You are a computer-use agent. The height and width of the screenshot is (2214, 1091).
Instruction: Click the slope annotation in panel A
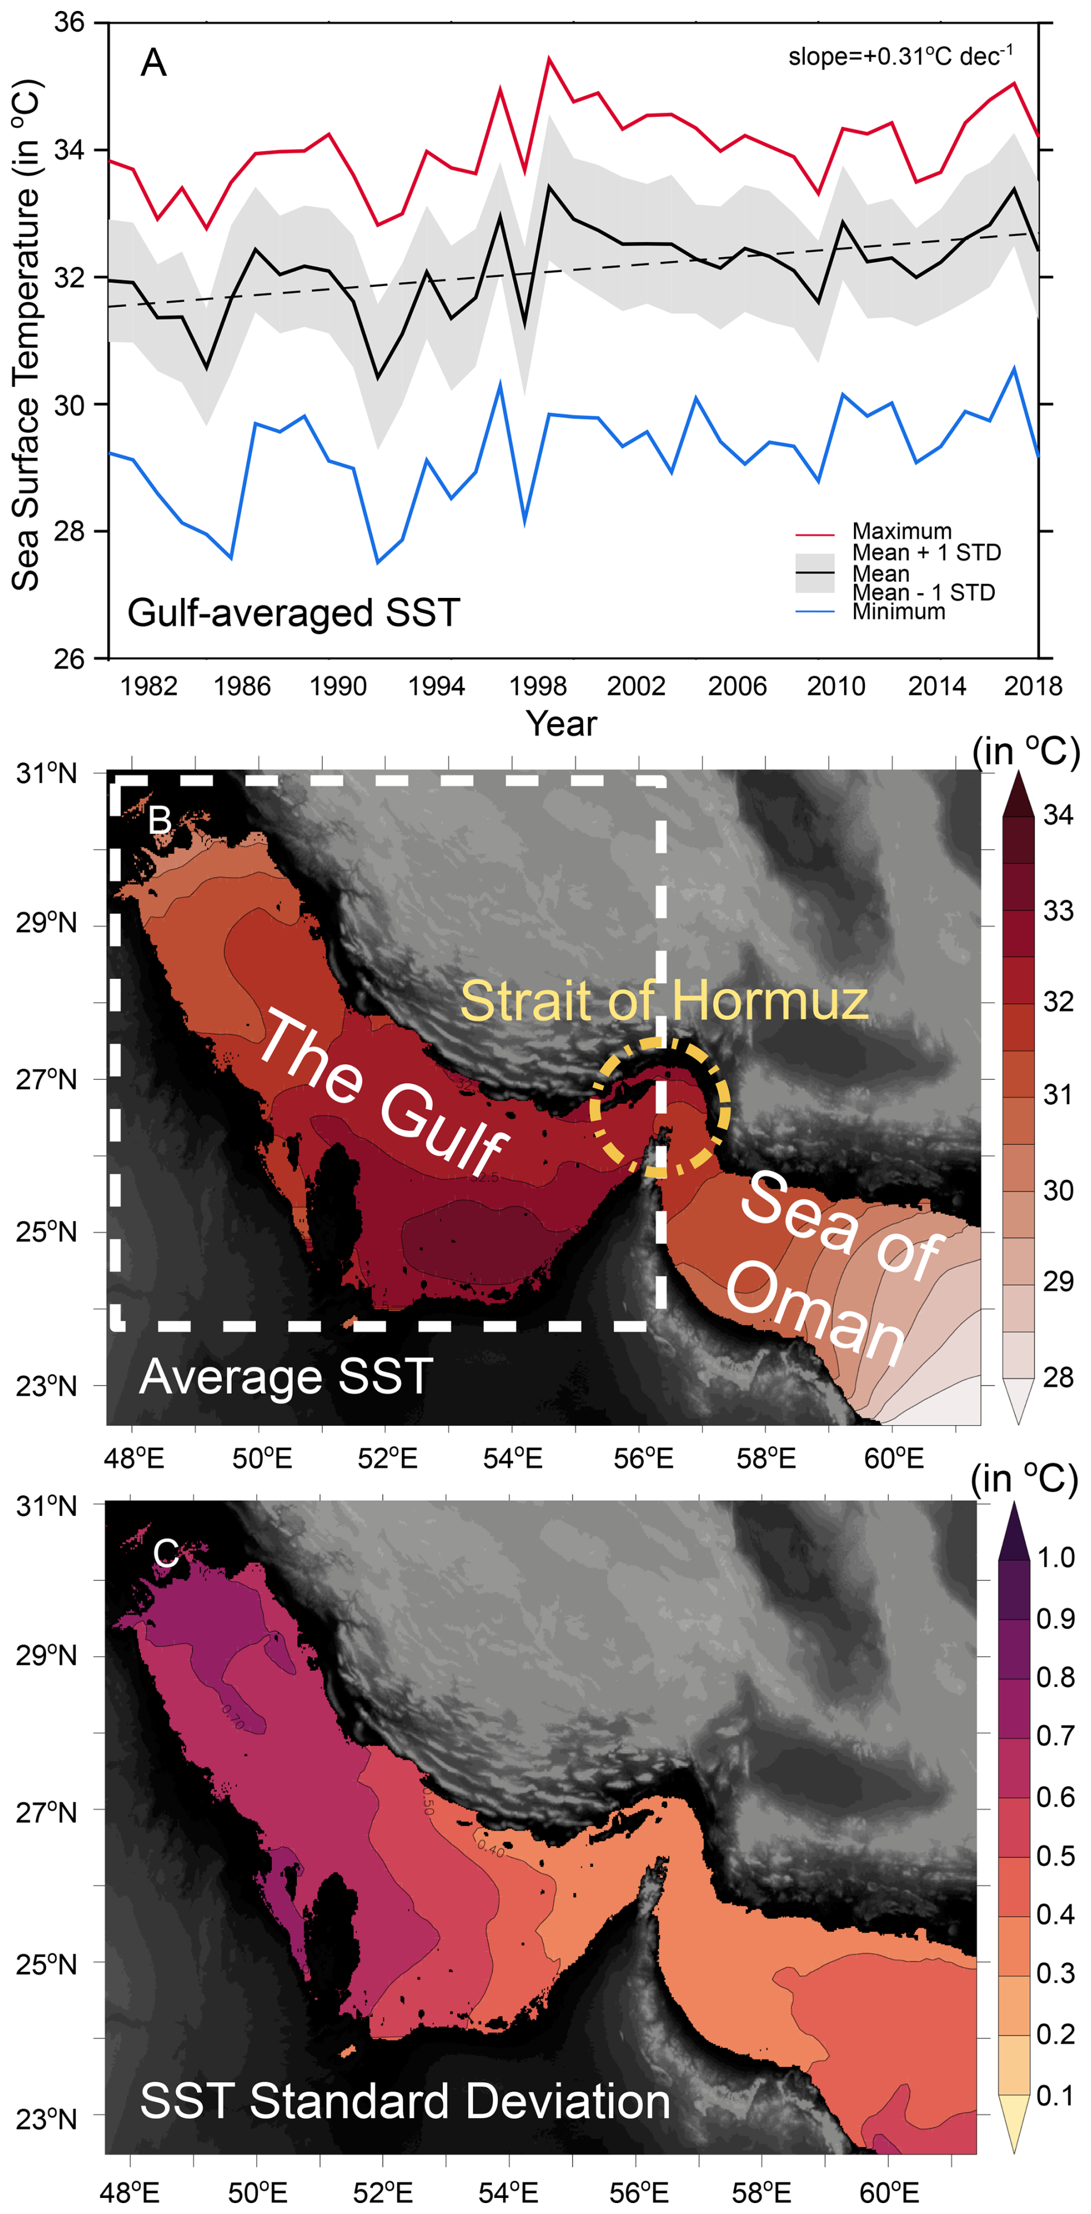coord(900,57)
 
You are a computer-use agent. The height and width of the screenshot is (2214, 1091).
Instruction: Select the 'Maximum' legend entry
coord(901,531)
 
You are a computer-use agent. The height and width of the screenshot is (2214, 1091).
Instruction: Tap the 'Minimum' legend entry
coord(898,611)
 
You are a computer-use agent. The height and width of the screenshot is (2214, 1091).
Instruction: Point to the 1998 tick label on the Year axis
coord(537,686)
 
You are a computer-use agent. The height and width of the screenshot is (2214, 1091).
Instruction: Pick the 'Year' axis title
coord(560,724)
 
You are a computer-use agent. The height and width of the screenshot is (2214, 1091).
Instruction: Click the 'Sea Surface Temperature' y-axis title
coord(26,335)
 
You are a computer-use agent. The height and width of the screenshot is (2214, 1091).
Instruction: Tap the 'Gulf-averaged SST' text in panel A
coord(293,613)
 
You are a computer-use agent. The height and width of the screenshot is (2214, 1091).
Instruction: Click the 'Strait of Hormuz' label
coord(664,1000)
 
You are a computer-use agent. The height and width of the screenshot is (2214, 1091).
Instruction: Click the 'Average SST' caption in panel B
coord(285,1376)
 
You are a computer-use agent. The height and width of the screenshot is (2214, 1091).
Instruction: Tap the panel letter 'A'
coord(153,63)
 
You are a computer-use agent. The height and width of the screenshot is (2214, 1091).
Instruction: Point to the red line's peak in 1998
coord(548,58)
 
